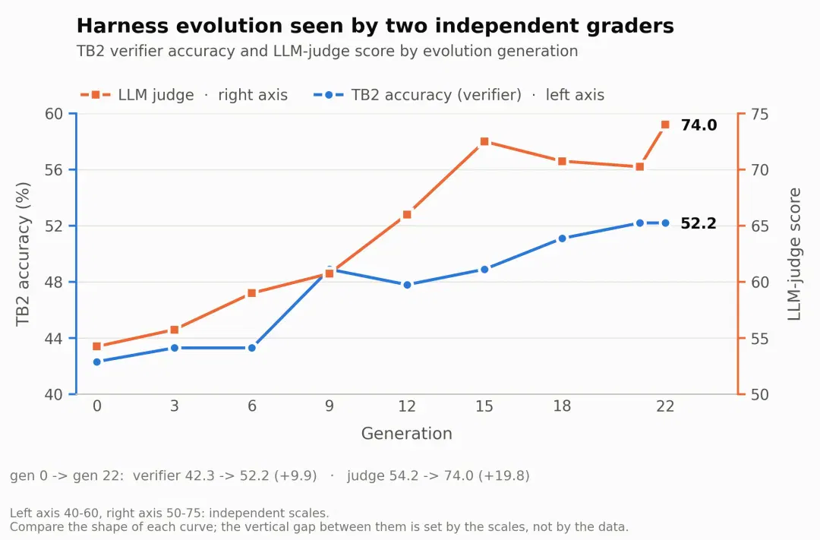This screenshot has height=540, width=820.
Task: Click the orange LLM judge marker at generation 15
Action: coord(484,141)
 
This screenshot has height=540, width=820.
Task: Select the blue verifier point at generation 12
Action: coord(408,285)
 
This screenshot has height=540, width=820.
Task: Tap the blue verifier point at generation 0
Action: coord(96,362)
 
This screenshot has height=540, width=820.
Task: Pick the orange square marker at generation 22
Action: coord(665,125)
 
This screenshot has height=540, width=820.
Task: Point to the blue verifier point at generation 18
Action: coord(562,238)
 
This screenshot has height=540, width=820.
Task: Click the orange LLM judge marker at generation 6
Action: coord(251,293)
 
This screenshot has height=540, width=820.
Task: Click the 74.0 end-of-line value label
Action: coord(699,125)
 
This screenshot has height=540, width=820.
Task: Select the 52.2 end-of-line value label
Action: coord(699,223)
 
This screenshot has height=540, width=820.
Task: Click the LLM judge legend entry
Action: coord(184,95)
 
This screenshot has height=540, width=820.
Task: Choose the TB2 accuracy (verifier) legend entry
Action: coord(459,95)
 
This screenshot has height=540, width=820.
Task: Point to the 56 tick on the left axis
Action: coord(54,170)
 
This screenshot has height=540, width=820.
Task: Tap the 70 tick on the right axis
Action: coord(760,170)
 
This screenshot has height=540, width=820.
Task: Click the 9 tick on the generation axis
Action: coord(330,406)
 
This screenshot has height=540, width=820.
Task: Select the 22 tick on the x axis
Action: coord(665,406)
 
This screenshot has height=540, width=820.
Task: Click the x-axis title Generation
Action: coord(407,433)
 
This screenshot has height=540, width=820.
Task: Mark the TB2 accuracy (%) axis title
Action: coord(23,254)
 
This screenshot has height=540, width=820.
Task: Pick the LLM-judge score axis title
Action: coord(794,254)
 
